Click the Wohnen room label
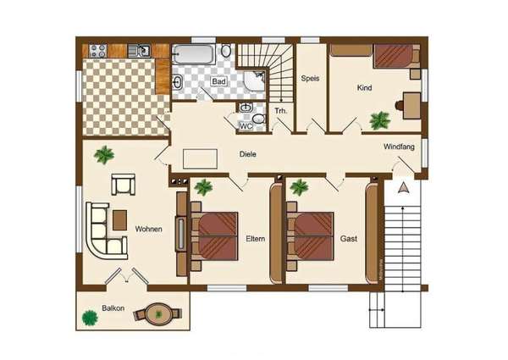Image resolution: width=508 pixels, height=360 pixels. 148,229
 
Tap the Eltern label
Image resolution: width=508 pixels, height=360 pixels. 256,239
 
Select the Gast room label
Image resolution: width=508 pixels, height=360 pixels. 349,239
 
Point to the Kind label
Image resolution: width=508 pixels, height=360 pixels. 364,87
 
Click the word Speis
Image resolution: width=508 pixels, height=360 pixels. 310,79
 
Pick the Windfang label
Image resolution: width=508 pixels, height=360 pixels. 399,147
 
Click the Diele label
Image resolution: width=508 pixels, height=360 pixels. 248,154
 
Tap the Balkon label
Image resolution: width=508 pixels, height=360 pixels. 113,307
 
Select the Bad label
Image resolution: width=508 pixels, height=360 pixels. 218,81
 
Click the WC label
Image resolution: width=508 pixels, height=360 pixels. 246,126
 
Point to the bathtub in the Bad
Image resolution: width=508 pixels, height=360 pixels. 194,54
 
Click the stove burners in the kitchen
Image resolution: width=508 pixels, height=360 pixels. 98,51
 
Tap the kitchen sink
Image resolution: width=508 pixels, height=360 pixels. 139,51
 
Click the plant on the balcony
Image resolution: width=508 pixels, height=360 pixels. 90,318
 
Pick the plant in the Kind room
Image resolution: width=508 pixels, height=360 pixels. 379,120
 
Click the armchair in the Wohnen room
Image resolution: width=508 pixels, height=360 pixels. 123,185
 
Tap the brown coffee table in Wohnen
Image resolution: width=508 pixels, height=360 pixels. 119,220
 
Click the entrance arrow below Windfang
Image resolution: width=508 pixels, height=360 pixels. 403,187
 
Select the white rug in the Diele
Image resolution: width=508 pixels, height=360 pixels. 200,158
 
